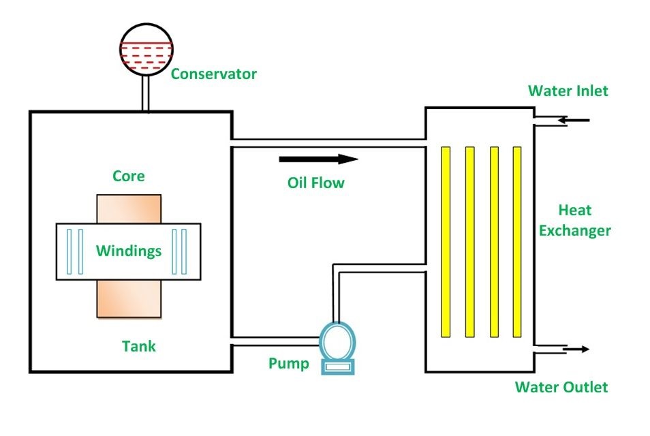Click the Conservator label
click(x=213, y=74)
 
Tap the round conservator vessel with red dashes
click(x=144, y=49)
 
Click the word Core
click(x=129, y=176)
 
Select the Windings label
click(x=129, y=251)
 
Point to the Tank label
click(x=139, y=346)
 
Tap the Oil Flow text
click(x=315, y=183)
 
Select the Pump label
click(x=289, y=363)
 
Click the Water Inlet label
click(x=568, y=91)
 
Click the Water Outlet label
click(x=561, y=388)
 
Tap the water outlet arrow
click(x=573, y=349)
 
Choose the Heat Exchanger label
click(x=574, y=220)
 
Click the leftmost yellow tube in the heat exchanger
click(x=446, y=242)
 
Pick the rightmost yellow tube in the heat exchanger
click(x=516, y=242)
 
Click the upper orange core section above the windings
click(x=129, y=208)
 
